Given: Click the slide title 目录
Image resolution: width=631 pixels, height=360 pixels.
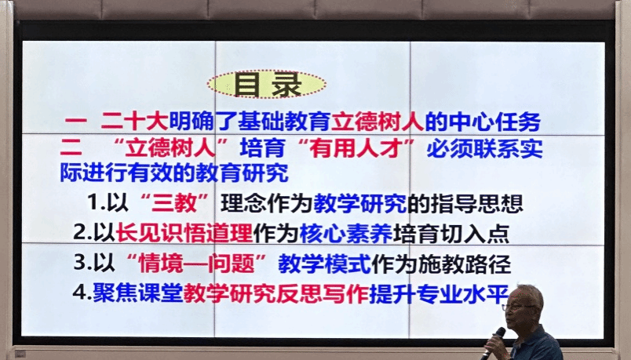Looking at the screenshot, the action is click(267, 85).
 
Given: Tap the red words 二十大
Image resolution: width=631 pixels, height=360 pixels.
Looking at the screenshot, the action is click(134, 122).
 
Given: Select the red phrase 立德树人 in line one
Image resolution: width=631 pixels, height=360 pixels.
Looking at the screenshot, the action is click(378, 122).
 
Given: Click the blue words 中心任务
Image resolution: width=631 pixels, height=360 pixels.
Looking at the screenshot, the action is click(494, 122).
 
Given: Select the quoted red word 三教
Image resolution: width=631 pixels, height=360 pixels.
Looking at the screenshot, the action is click(174, 203).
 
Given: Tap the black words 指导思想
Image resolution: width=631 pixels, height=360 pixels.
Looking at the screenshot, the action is click(476, 203).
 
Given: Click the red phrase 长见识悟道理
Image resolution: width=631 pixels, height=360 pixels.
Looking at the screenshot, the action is click(184, 233).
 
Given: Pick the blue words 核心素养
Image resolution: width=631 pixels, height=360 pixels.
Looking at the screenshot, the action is click(346, 233).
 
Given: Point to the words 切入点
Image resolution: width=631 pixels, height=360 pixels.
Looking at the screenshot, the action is click(475, 233).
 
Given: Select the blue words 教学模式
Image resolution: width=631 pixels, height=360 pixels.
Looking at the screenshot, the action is click(324, 264).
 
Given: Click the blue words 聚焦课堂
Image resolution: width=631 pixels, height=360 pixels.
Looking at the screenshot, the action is click(138, 293).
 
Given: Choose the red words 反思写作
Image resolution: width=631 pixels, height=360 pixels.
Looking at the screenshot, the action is click(323, 293).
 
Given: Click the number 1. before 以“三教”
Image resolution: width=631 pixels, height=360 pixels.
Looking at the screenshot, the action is click(97, 202).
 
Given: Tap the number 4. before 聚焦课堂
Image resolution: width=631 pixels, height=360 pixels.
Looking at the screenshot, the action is click(82, 293).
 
